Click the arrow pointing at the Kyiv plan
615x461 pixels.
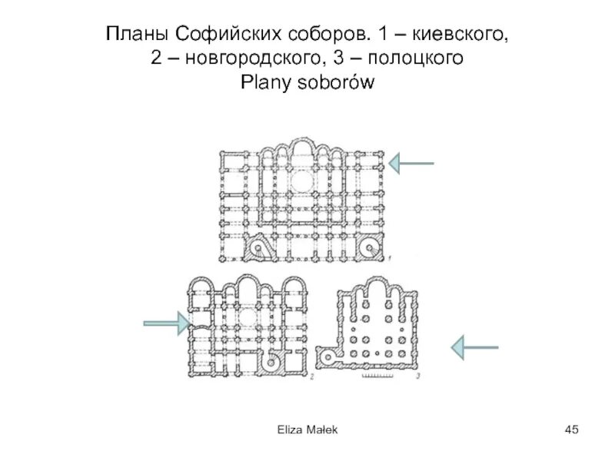(x=411, y=163)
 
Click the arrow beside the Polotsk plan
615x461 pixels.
(x=475, y=347)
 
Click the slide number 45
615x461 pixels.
(x=570, y=429)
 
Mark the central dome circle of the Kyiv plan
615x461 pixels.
(x=301, y=181)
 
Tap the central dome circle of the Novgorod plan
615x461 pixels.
(x=248, y=317)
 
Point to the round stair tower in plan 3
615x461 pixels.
(x=332, y=357)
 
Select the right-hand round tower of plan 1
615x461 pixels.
(x=369, y=247)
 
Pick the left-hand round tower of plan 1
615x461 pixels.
(x=256, y=247)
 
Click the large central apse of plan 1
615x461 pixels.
(x=301, y=154)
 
